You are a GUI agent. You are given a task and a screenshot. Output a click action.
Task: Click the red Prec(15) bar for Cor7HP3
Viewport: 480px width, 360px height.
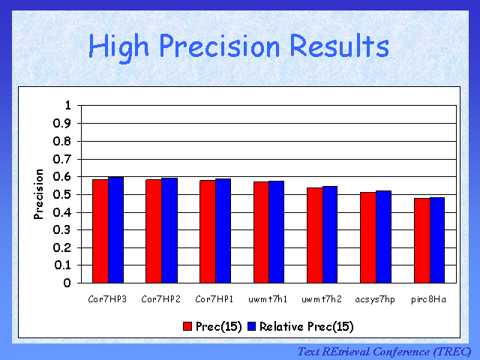point(100,231)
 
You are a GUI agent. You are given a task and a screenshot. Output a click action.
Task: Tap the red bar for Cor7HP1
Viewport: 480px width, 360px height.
point(207,232)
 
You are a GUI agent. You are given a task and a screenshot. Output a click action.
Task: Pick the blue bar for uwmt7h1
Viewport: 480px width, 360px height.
point(276,232)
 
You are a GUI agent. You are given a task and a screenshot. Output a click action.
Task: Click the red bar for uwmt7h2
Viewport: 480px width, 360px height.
point(314,235)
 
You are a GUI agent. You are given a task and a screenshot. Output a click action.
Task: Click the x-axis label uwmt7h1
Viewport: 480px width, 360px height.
point(268,299)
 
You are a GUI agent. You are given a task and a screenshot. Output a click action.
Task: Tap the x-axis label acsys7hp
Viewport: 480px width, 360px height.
point(375,299)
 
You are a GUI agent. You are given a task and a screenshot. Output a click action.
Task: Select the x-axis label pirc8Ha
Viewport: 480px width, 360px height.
point(429,299)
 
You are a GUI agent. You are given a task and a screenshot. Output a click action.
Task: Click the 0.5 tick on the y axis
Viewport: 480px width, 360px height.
point(62,194)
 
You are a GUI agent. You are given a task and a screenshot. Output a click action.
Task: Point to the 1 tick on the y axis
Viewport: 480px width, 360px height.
point(67,105)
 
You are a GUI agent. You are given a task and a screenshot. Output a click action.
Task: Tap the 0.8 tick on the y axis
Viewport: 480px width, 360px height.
point(62,141)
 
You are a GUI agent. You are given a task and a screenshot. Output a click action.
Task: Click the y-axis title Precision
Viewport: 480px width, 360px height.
point(39,194)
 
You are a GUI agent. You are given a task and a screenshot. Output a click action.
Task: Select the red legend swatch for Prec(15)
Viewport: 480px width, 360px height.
point(188,326)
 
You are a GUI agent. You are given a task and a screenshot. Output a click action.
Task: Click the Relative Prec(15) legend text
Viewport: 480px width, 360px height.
point(306,326)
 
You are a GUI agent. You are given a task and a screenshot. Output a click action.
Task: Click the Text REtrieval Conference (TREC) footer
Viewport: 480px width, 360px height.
point(384,351)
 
